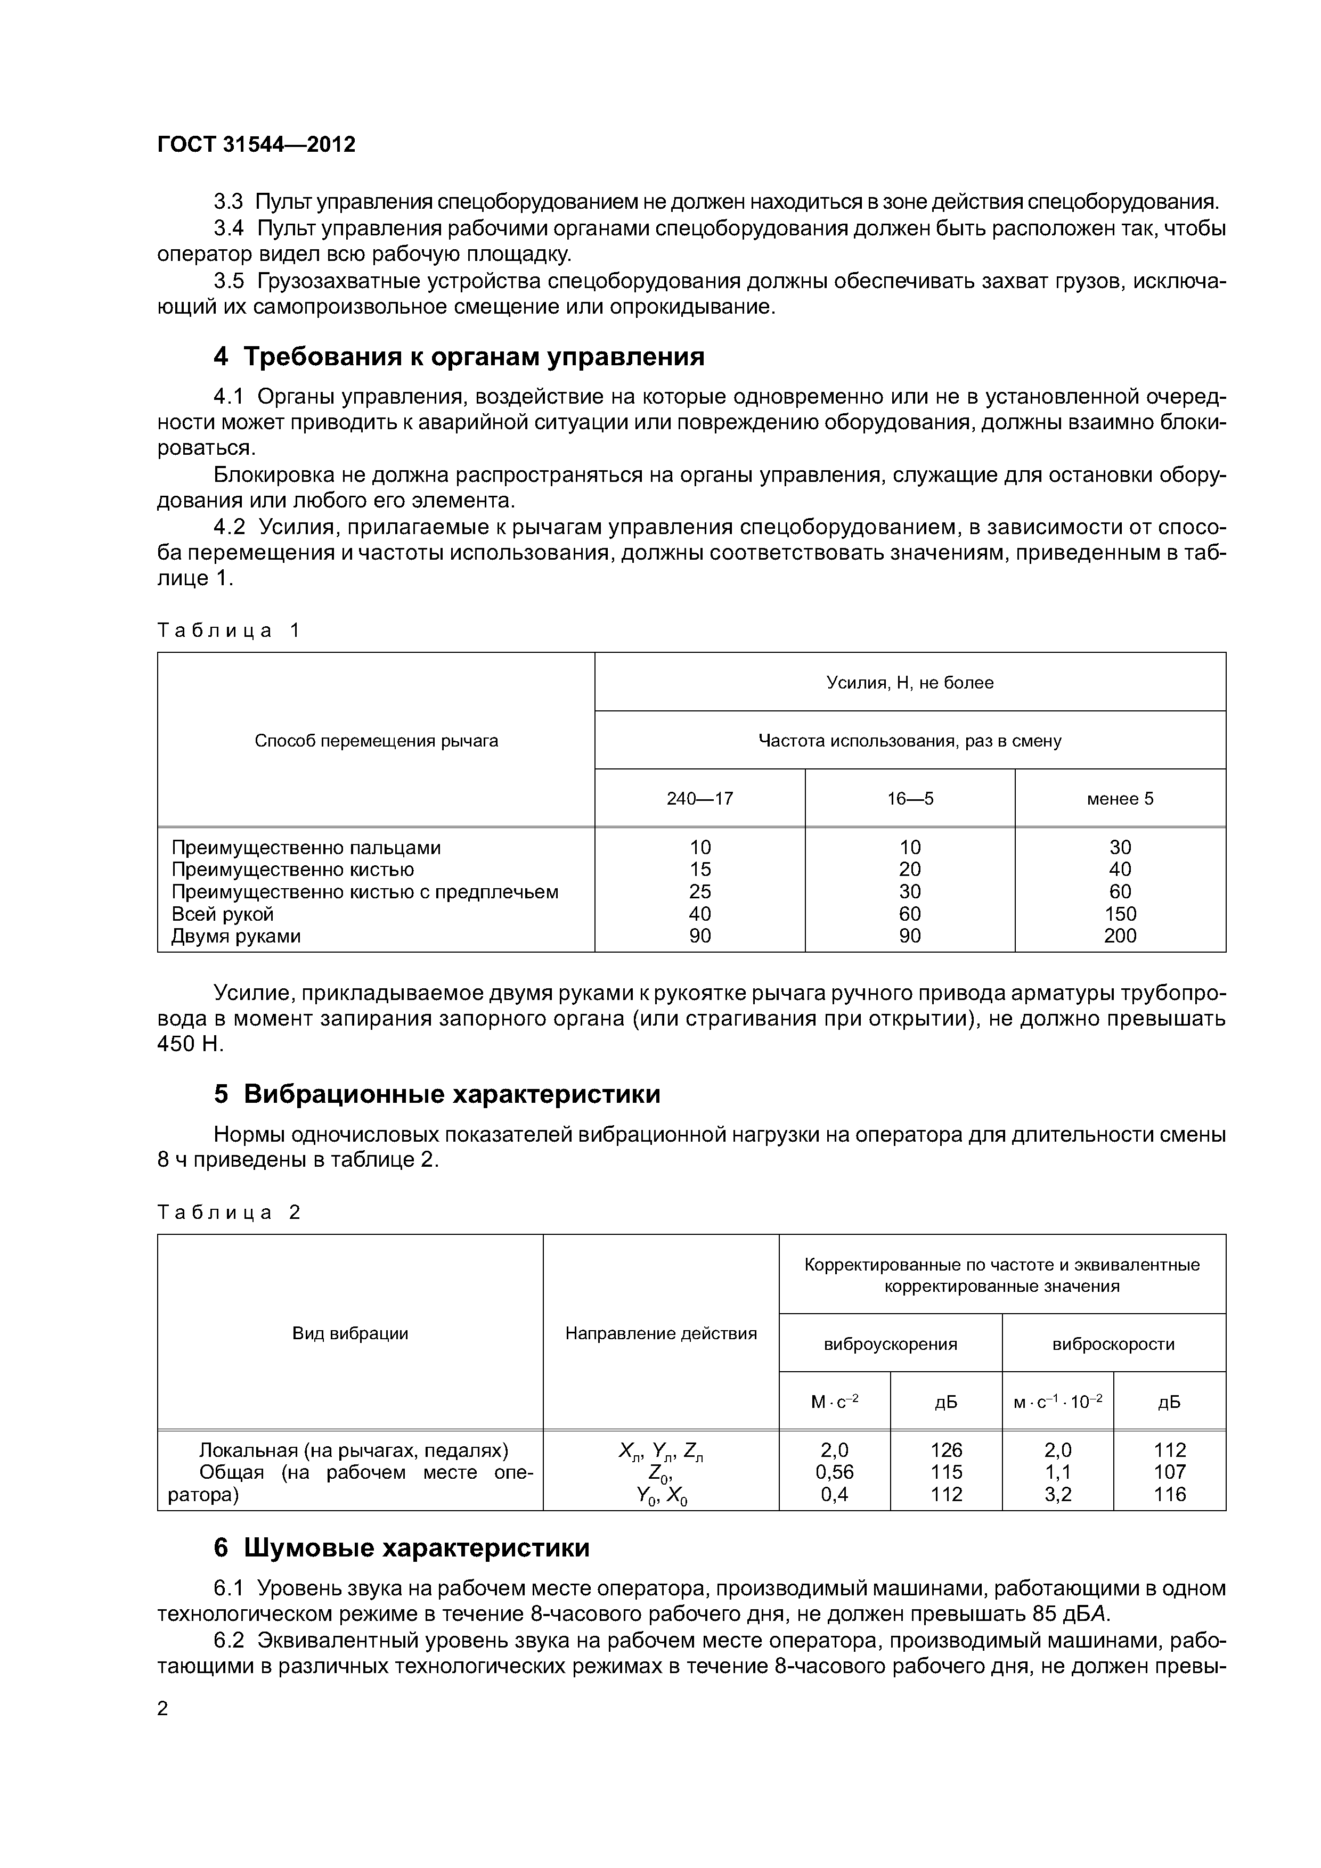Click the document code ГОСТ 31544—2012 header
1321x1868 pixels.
[x=256, y=145]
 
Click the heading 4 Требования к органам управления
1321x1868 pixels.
[x=459, y=356]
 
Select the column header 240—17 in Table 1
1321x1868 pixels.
[x=699, y=798]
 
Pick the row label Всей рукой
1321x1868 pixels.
[x=222, y=914]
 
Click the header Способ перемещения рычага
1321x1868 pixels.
[x=376, y=740]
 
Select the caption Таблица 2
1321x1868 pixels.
[x=229, y=1212]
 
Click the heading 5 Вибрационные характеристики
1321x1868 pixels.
[x=437, y=1094]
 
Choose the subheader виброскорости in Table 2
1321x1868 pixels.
[x=1113, y=1344]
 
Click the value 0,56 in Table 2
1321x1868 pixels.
[x=834, y=1472]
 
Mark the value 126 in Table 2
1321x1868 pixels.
[x=946, y=1450]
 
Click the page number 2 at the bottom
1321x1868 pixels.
[x=163, y=1709]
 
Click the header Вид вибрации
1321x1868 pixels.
[x=350, y=1333]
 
